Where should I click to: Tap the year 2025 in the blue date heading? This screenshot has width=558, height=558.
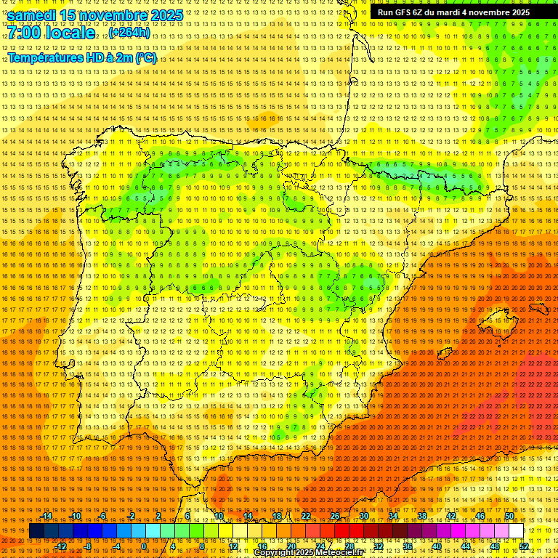(162, 15)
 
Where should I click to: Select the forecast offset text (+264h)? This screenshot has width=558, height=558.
(129, 33)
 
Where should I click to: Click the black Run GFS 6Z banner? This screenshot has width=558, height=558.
(453, 12)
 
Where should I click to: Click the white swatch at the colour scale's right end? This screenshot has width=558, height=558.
(516, 531)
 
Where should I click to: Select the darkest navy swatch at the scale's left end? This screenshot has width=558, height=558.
(36, 531)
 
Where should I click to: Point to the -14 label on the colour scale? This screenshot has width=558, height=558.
(47, 516)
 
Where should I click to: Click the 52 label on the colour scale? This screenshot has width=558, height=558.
(524, 546)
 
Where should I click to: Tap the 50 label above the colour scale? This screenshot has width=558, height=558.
(509, 516)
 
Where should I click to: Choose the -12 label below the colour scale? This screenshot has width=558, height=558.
(61, 546)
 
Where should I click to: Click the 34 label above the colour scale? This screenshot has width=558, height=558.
(393, 516)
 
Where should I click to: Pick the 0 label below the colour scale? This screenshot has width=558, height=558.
(144, 546)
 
